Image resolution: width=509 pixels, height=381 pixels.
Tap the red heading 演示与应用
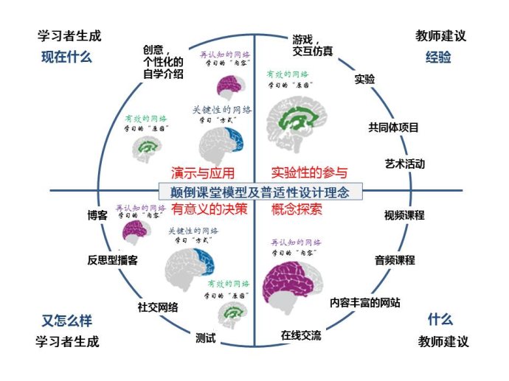(x=203, y=174)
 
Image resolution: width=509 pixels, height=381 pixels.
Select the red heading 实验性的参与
(x=309, y=174)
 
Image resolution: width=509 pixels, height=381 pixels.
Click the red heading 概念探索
(x=297, y=209)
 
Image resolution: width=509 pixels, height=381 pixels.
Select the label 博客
(x=97, y=216)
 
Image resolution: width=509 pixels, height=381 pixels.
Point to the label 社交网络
(x=158, y=307)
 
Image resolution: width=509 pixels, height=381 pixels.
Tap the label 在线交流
(x=301, y=335)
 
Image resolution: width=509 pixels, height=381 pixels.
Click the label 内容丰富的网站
(x=365, y=302)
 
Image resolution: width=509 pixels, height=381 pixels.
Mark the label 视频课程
(x=404, y=216)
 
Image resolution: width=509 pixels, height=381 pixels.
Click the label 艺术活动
(x=404, y=164)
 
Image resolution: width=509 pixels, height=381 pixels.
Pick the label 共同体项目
(x=394, y=127)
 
